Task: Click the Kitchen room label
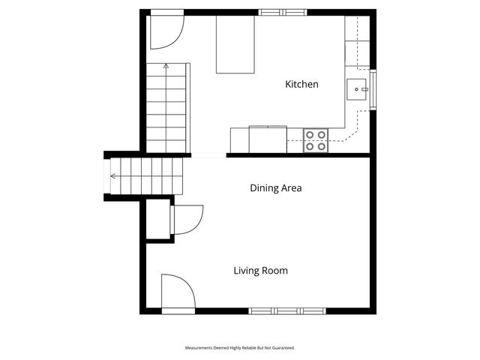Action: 301,85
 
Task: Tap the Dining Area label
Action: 275,188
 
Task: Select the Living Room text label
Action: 260,271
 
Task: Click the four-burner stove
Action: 316,140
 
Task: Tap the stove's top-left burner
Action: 310,135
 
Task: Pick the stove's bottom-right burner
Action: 322,146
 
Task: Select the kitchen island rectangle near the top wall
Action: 235,44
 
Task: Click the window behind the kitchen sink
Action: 373,89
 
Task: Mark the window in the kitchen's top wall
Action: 283,12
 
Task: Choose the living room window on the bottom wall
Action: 288,310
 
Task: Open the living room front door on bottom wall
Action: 178,292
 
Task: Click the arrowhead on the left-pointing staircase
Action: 112,177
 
